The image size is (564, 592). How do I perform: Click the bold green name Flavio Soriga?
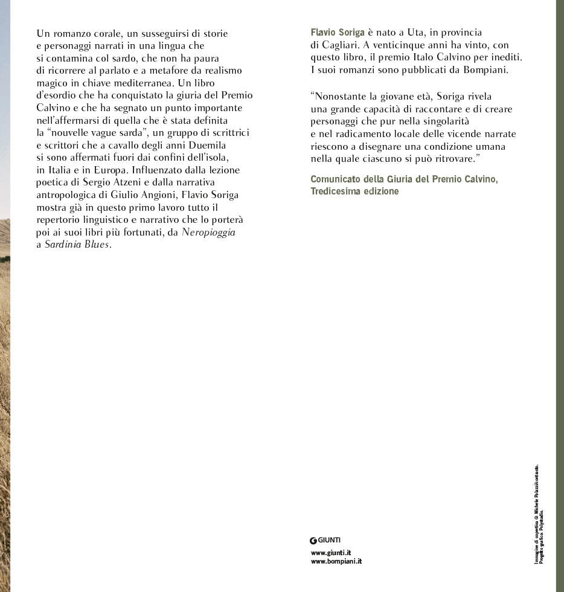coord(338,33)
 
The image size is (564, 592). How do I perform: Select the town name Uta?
coord(424,33)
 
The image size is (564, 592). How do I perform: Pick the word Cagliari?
coord(341,45)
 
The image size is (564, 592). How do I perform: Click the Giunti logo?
coord(325,540)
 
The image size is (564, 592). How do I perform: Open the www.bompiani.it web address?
coord(336,561)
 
